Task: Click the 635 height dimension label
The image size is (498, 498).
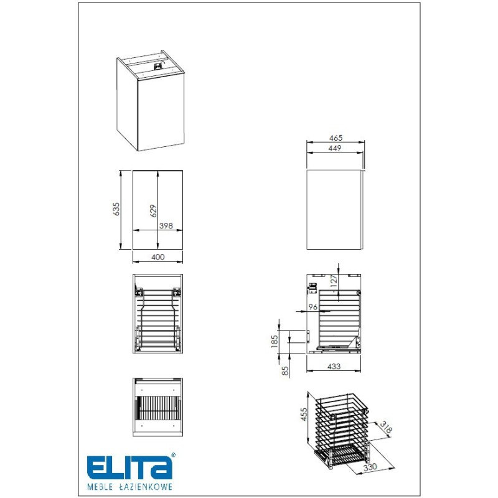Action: (116, 209)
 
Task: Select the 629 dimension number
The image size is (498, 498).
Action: (153, 211)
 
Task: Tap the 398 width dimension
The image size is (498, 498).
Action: (166, 225)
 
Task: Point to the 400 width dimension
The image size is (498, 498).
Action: (158, 257)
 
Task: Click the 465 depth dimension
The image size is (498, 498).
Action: (336, 138)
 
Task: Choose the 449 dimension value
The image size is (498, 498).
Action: (335, 148)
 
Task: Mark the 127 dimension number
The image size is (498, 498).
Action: (334, 281)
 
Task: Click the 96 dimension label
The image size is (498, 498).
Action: (313, 307)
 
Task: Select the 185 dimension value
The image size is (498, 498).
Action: (275, 341)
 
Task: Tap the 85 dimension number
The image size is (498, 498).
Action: (285, 370)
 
